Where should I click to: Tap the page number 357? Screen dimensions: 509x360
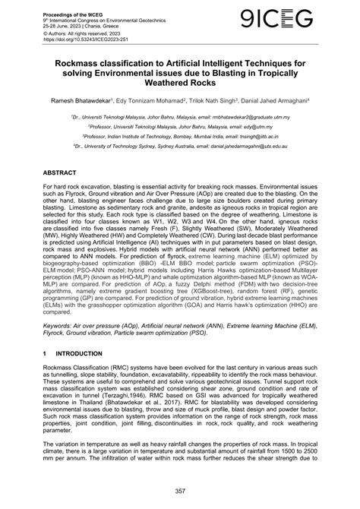(x=182, y=492)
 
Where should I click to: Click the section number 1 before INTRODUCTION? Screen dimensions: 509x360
(x=46, y=355)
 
